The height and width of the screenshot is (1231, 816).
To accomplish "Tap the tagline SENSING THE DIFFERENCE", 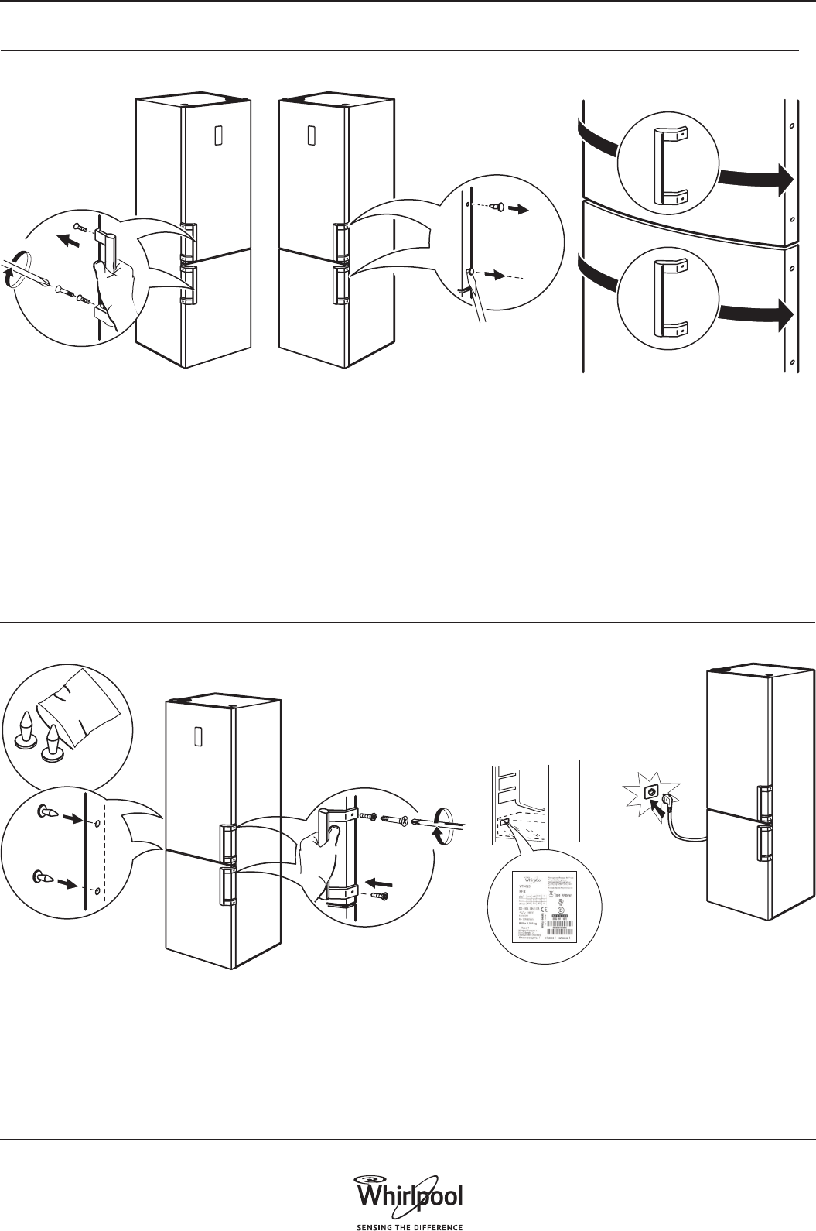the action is coord(408,1226).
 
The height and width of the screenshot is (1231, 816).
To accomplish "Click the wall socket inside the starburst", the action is coord(650,792).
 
